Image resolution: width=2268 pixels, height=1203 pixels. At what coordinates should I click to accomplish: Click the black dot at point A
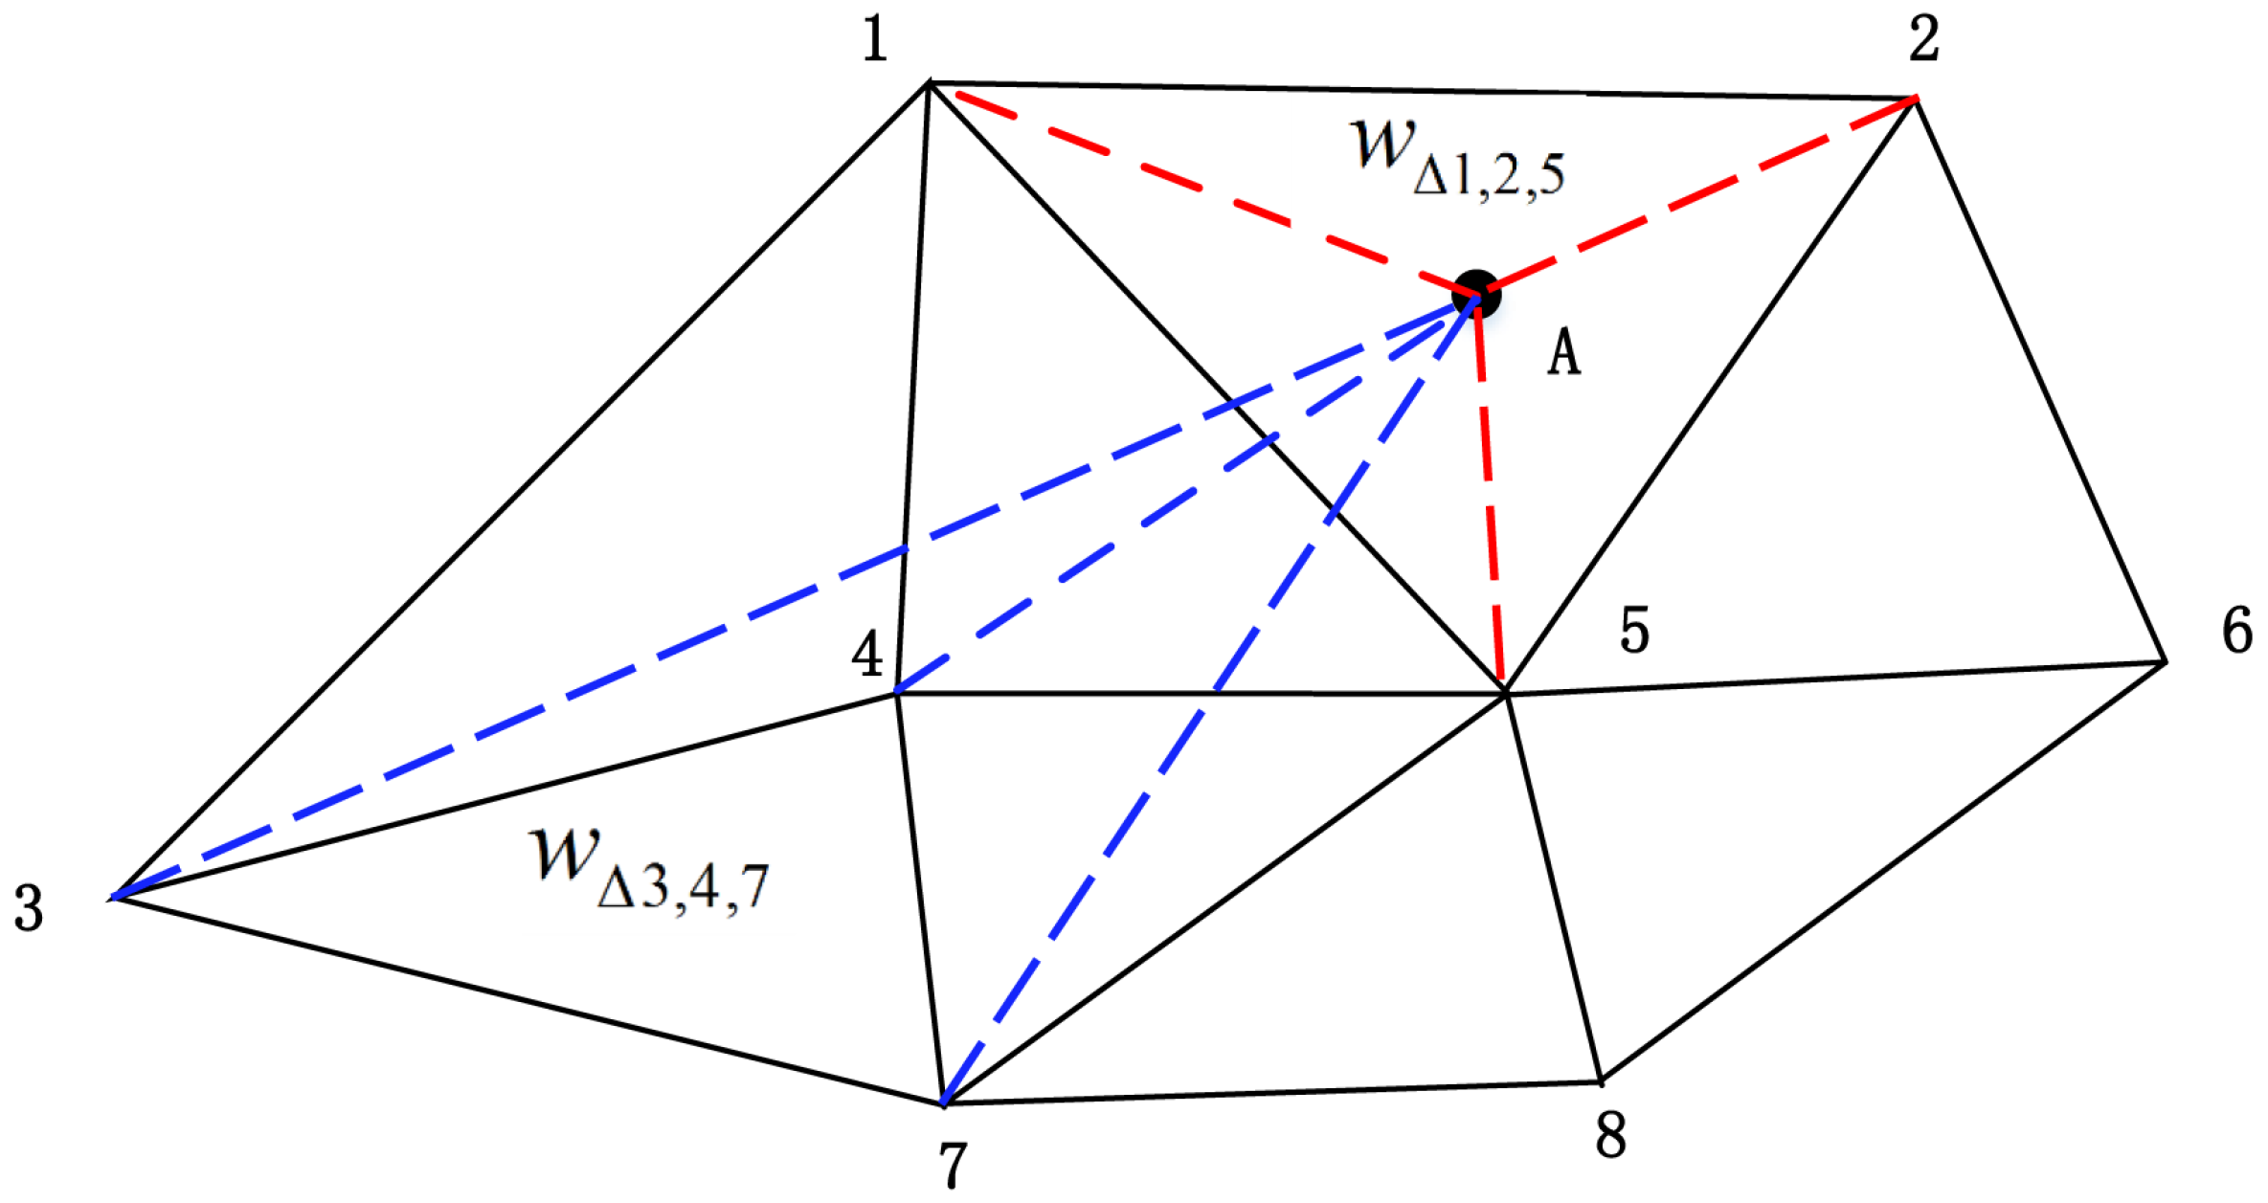1475,294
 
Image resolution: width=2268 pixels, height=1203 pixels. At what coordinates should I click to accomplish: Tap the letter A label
1563,352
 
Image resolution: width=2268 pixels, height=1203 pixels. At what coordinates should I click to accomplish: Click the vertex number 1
875,42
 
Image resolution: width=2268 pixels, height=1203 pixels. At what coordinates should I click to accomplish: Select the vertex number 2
1923,40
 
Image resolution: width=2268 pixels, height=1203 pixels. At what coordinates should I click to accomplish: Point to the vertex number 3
29,907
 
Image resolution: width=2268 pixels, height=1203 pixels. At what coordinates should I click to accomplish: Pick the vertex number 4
867,656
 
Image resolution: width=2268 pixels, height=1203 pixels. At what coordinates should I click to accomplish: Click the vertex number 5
1634,631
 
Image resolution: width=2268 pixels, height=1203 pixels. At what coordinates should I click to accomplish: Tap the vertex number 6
2237,631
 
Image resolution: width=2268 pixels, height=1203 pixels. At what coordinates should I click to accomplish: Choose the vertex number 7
952,1165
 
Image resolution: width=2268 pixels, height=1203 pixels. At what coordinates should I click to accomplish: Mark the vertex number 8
1610,1136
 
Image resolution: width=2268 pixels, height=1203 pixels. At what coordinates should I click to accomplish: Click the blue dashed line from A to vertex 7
1216,691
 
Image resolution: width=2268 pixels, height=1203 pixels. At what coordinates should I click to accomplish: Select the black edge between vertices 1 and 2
1417,91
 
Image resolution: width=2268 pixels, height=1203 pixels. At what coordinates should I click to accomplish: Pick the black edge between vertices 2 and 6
2039,379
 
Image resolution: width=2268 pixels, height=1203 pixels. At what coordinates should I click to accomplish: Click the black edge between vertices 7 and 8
1273,1093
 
